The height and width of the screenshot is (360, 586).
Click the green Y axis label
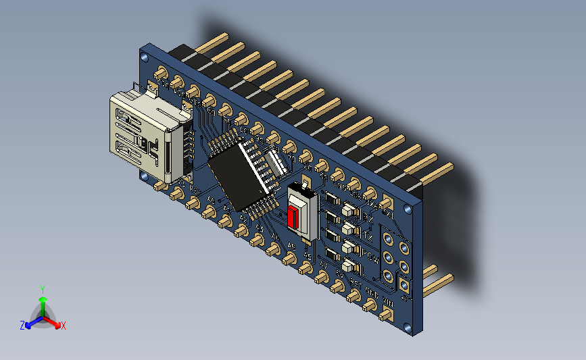coord(42,288)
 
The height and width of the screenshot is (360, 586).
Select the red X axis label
coord(63,326)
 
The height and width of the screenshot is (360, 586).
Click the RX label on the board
coord(368,216)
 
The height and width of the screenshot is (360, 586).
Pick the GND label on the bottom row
coord(371,292)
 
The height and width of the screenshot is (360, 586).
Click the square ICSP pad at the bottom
coord(404,286)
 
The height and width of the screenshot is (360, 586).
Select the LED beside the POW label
coord(349,247)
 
